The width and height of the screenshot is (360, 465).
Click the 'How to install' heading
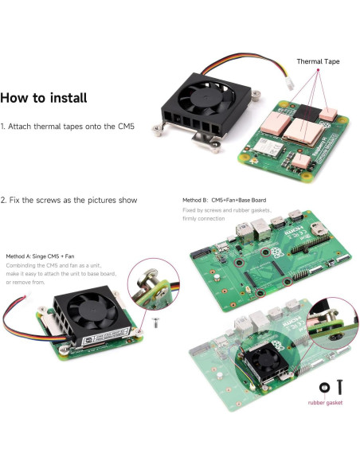pyautogui.click(x=54, y=99)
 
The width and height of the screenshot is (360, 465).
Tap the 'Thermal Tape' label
pyautogui.click(x=320, y=61)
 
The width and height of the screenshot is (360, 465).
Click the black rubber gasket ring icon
pyautogui.click(x=324, y=387)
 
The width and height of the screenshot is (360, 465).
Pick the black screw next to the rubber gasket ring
pyautogui.click(x=340, y=387)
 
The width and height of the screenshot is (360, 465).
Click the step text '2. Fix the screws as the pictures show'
pyautogui.click(x=68, y=200)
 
